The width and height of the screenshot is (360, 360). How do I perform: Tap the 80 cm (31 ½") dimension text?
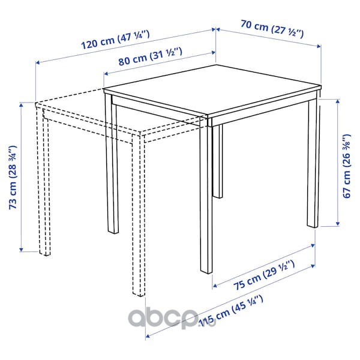coord(151,57)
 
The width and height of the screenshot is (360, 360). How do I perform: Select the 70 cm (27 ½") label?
coord(272,29)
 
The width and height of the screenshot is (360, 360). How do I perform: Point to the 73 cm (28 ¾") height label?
coord(13,177)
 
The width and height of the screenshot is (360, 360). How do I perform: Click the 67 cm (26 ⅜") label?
coord(347,166)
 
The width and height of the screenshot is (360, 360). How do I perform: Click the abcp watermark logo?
coord(172,319)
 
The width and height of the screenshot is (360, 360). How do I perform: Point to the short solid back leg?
coord(218,161)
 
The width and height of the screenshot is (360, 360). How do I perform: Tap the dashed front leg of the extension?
coord(139,215)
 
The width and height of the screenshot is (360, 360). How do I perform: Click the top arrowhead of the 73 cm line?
coord(22,105)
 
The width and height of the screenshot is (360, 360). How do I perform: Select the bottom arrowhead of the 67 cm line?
coord(337,224)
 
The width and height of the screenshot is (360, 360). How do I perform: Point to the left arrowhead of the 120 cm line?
coord(38,62)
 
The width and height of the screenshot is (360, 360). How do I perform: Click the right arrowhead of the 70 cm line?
coord(319,46)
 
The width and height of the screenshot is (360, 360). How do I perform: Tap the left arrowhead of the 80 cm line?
coord(106,73)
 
